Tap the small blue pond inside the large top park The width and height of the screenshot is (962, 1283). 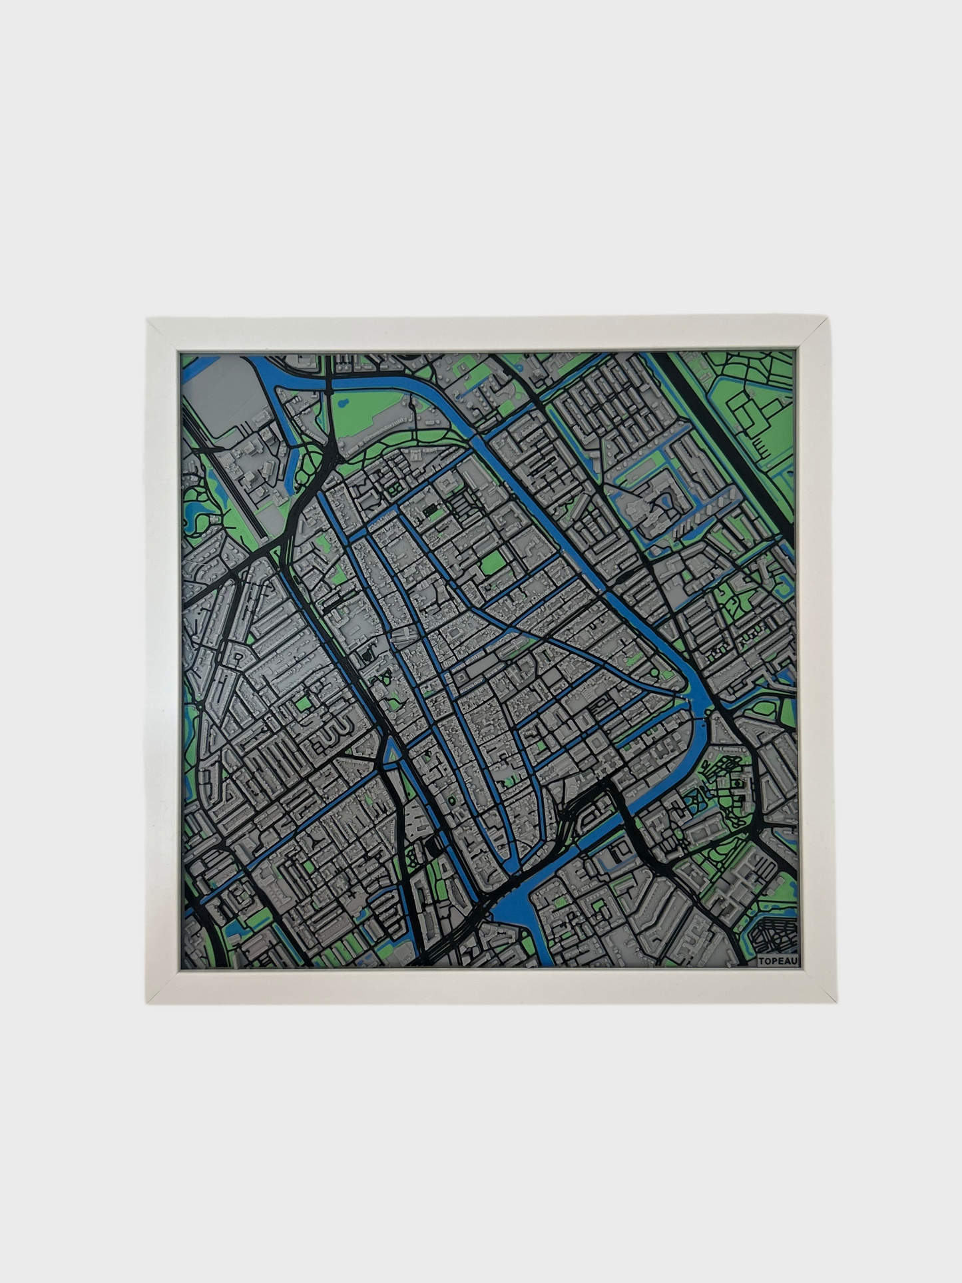413,403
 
